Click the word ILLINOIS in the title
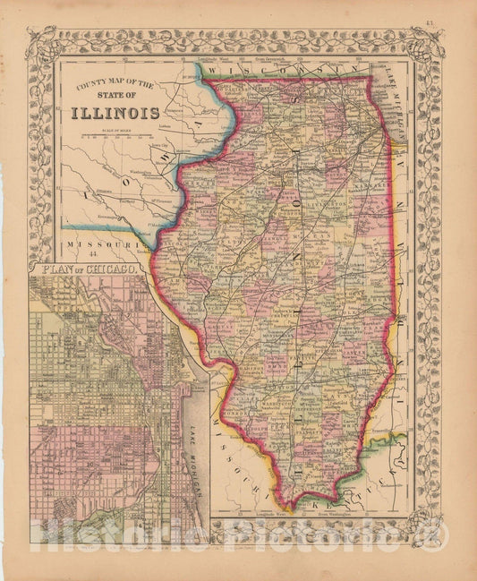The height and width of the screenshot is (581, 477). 116,113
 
